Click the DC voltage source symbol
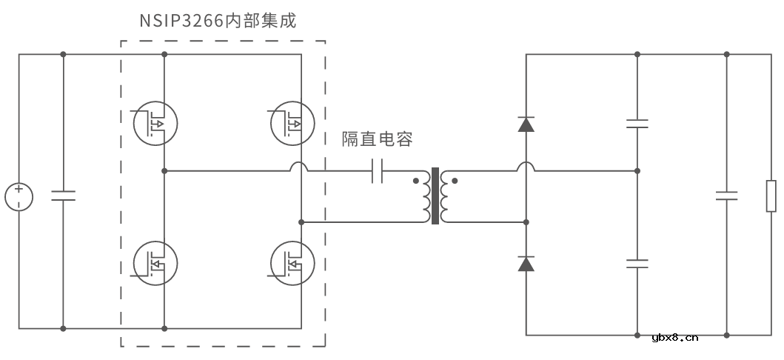19,197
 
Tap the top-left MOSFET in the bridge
155,122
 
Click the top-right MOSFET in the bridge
292,122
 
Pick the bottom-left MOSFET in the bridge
155,264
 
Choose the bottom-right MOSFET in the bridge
292,264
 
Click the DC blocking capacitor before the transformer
377,171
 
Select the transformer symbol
435,196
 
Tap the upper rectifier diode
526,124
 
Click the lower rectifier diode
526,263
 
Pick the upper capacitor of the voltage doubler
637,123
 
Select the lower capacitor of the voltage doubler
637,263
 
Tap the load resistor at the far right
771,196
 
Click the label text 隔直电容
376,139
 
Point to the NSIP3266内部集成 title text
218,21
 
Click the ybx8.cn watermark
674,339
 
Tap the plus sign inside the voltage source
19,190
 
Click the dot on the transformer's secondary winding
455,180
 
